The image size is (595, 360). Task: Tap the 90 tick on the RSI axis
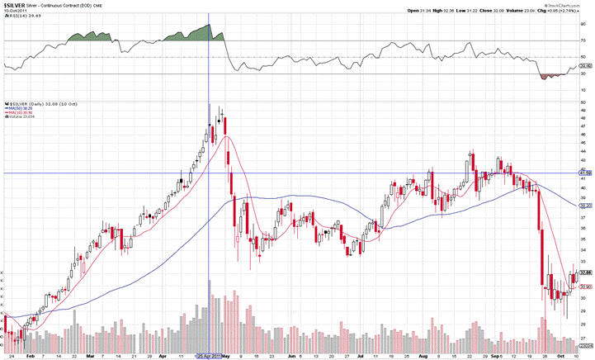[583, 24]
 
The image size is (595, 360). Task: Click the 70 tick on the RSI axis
[583, 40]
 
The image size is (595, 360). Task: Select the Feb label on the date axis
[30, 355]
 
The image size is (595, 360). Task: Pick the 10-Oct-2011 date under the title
[16, 11]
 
